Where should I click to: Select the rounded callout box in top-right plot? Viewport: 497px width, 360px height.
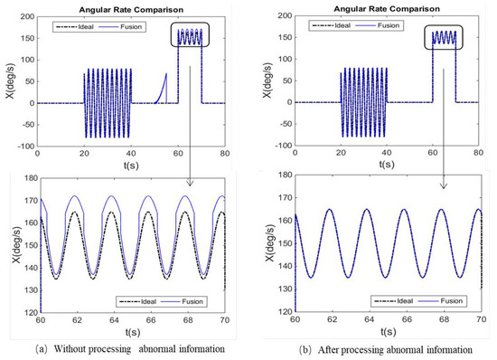[x=443, y=37]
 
